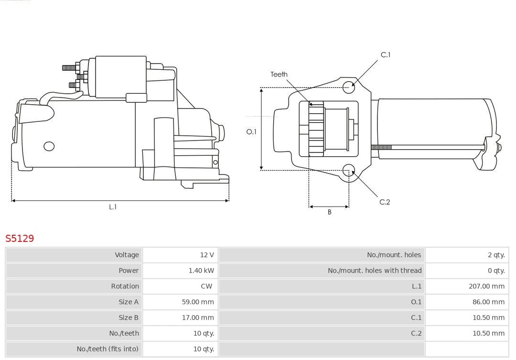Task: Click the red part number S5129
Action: pos(20,238)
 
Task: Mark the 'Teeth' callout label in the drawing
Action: pos(279,74)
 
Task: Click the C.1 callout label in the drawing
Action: pos(385,55)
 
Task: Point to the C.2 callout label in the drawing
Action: pos(385,202)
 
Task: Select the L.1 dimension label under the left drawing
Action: pos(113,207)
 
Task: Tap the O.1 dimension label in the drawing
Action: pos(251,132)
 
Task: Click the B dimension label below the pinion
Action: pos(329,212)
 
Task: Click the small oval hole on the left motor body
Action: pos(49,146)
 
